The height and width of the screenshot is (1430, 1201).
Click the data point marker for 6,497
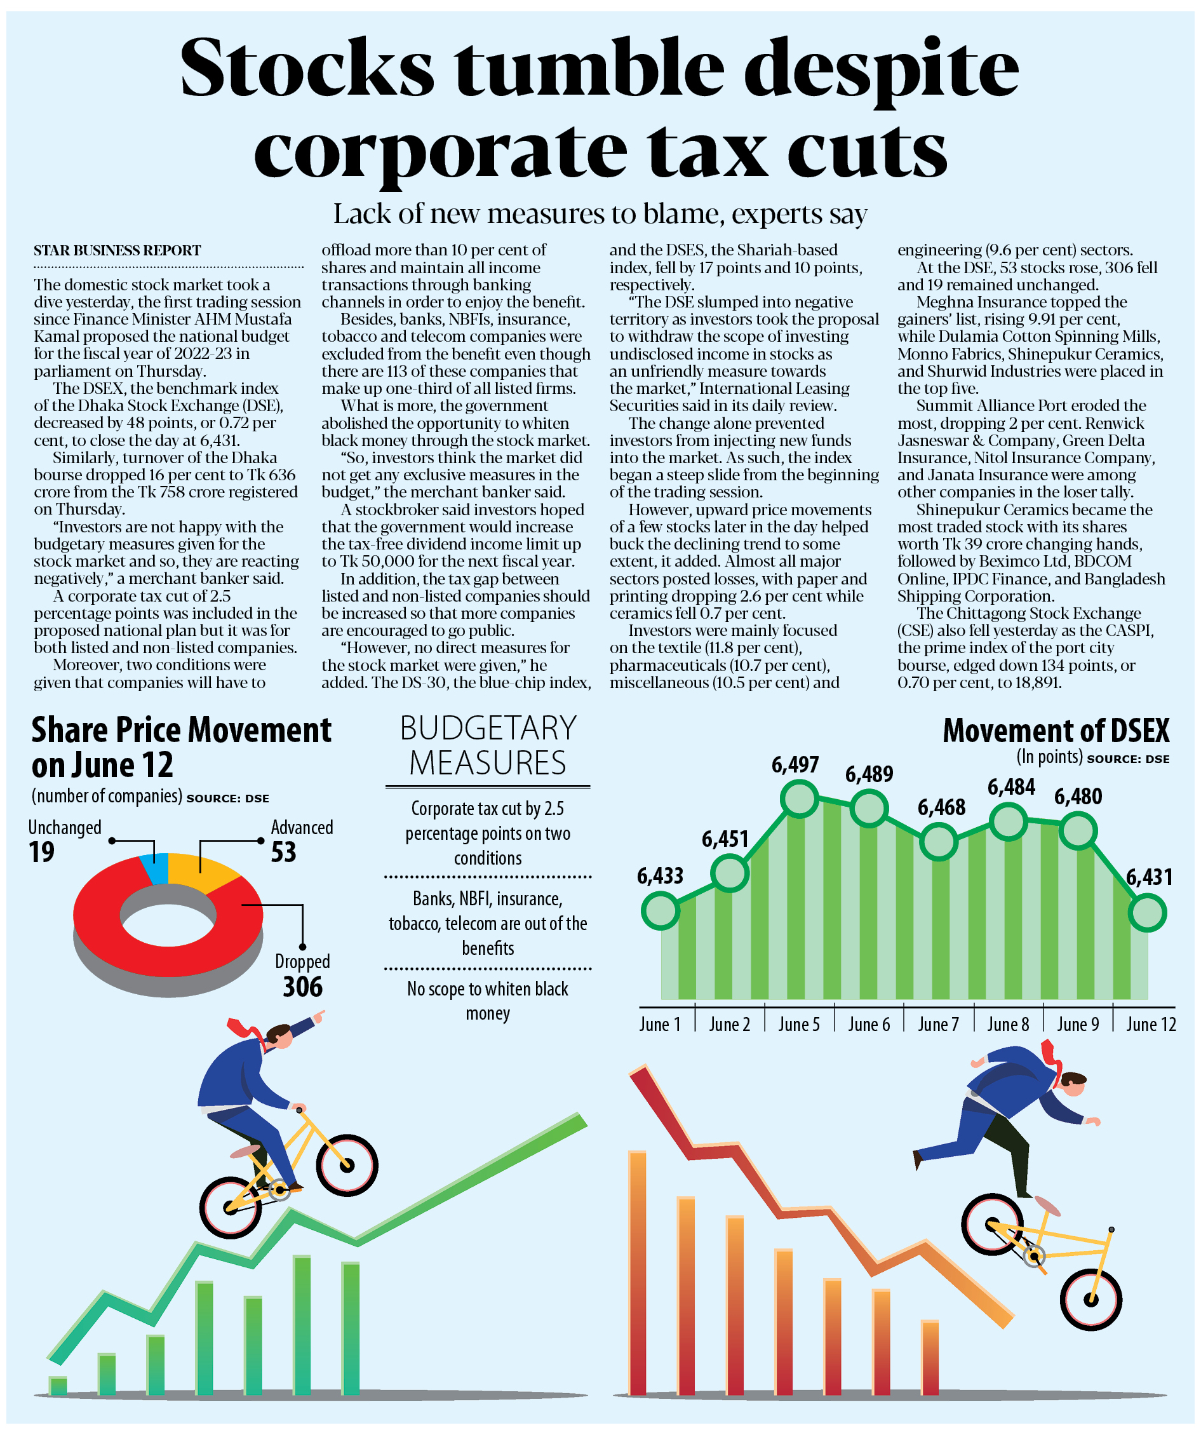click(800, 799)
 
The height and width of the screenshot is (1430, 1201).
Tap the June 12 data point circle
click(1148, 913)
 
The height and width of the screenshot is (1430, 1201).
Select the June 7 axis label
click(938, 1025)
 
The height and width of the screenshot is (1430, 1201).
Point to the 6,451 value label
click(725, 839)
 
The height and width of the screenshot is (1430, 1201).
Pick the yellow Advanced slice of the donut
click(201, 871)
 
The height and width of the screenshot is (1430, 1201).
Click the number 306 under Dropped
click(302, 987)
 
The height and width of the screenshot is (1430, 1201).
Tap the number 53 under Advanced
click(283, 853)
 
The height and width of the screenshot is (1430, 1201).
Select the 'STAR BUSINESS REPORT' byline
click(117, 250)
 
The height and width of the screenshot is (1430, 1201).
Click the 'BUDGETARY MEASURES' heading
click(488, 746)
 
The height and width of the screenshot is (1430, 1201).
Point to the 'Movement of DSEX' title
click(1056, 731)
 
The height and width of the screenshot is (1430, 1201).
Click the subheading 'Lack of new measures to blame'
click(599, 215)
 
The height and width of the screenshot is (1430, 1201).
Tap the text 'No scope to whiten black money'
click(488, 1001)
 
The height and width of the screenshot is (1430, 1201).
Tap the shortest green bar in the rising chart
click(58, 1385)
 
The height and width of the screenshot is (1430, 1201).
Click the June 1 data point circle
click(660, 911)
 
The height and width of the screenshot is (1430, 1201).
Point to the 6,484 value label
click(1011, 788)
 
